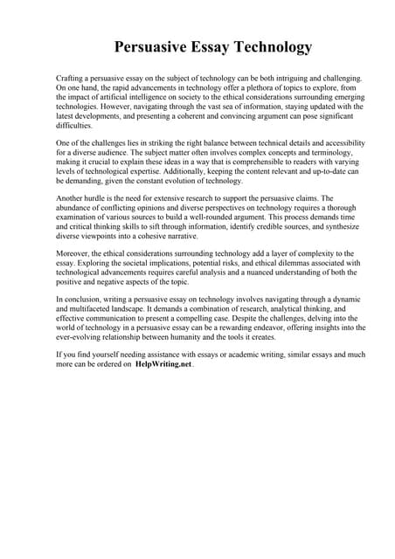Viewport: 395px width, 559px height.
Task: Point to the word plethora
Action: click(263, 88)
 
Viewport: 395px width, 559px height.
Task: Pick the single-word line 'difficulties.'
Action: click(74, 126)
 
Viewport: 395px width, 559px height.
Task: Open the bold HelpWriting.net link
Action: click(163, 365)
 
